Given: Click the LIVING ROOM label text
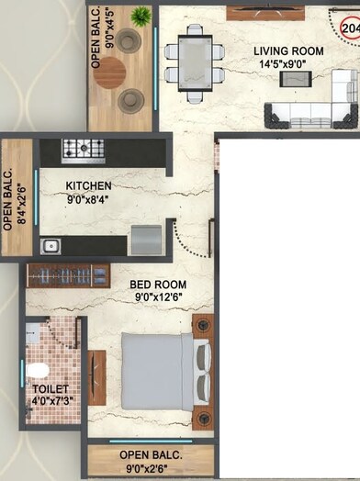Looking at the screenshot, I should pyautogui.click(x=289, y=52).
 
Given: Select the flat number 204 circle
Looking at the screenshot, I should pyautogui.click(x=350, y=28).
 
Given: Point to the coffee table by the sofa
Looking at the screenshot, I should pyautogui.click(x=296, y=79).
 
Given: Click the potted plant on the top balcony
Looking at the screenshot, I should pyautogui.click(x=141, y=16).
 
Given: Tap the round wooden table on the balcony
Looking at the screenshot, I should pyautogui.click(x=109, y=73).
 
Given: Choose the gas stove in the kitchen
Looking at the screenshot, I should pyautogui.click(x=84, y=150).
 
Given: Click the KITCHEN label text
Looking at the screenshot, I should pyautogui.click(x=89, y=185).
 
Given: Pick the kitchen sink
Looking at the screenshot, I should pyautogui.click(x=50, y=245).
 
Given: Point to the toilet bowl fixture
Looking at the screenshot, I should pyautogui.click(x=38, y=370).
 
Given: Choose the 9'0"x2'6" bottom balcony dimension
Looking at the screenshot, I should pyautogui.click(x=152, y=468).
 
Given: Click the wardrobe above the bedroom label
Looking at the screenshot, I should pyautogui.click(x=68, y=274).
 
